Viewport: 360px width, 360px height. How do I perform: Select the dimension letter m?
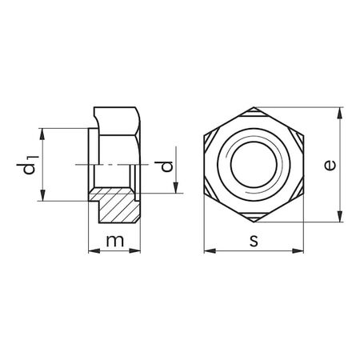tap(114, 239)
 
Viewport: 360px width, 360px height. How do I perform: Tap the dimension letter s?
tap(254, 240)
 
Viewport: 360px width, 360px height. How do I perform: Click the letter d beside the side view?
tap(166, 167)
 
